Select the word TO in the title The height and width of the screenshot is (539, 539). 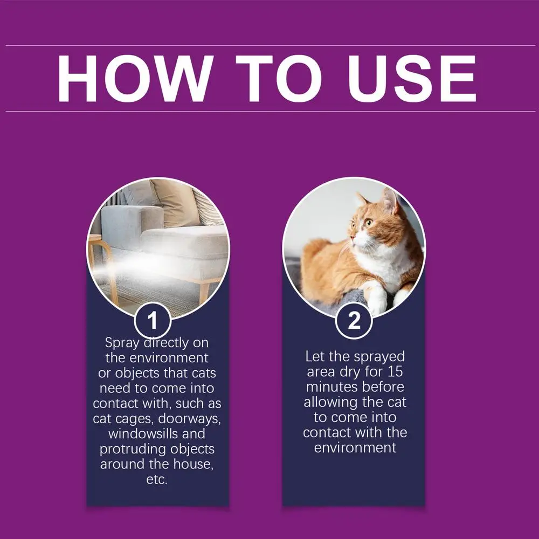[279, 79]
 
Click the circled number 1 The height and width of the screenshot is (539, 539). [153, 321]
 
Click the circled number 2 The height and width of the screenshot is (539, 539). [354, 321]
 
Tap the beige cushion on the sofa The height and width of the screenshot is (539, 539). [172, 202]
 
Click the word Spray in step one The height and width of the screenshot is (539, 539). [121, 343]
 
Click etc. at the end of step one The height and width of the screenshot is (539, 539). [157, 479]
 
